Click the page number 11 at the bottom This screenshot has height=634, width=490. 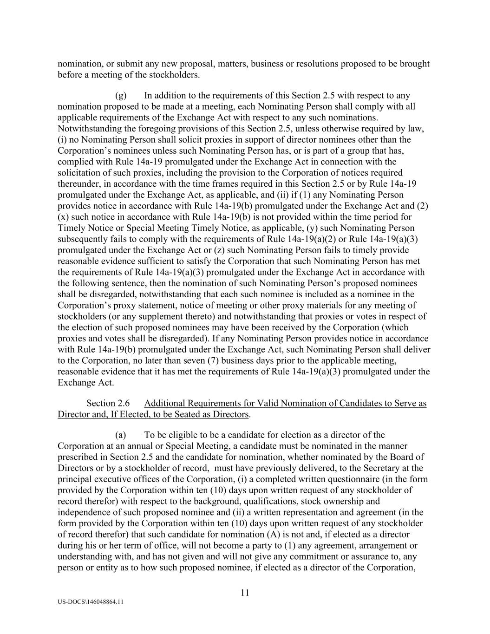click(245, 593)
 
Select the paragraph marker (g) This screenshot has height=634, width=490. click(121, 96)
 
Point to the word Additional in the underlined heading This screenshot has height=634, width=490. click(163, 403)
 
